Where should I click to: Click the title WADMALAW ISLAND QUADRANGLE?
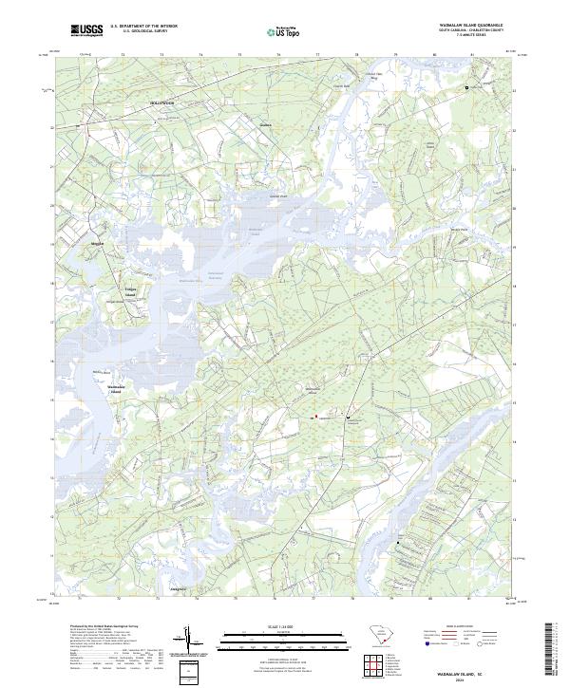coord(473,27)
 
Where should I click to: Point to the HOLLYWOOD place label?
coord(162,101)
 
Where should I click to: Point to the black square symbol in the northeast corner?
coord(466,87)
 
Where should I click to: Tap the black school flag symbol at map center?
coord(349,417)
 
